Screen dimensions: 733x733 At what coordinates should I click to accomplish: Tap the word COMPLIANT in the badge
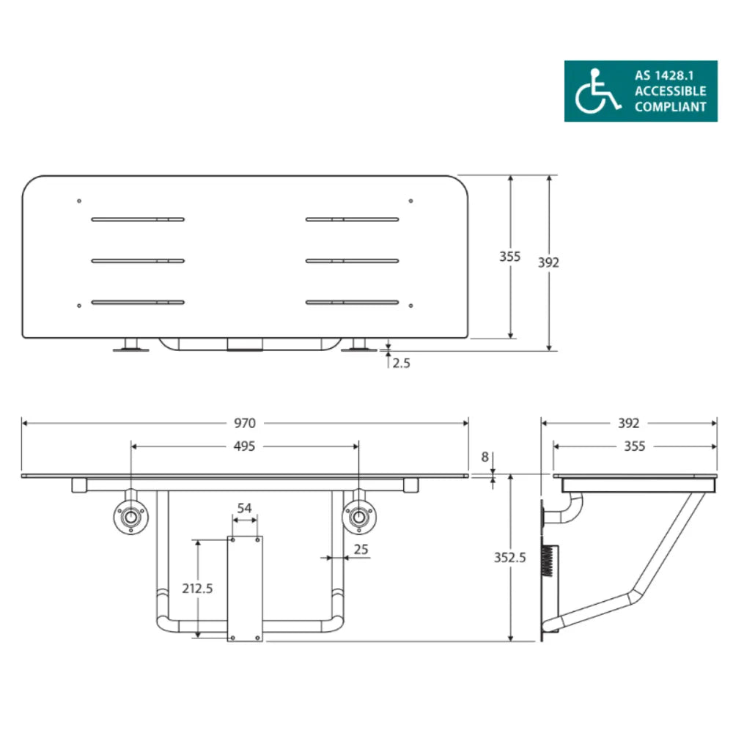tap(670, 107)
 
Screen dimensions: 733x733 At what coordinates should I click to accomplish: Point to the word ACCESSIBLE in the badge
tap(670, 91)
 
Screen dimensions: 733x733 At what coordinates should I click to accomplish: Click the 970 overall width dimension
tap(245, 423)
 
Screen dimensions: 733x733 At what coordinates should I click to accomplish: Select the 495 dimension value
tap(245, 446)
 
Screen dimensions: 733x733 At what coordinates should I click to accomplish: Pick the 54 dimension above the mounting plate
tap(245, 508)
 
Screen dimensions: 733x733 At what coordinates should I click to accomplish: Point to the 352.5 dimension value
tap(510, 557)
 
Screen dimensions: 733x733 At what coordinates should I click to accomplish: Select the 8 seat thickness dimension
tap(485, 456)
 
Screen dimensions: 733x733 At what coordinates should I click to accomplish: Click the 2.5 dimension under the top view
tap(401, 363)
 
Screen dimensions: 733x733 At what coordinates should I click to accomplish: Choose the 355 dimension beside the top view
tap(510, 257)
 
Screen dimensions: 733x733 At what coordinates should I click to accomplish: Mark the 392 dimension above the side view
tap(628, 423)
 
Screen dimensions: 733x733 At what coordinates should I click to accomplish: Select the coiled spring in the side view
tap(550, 562)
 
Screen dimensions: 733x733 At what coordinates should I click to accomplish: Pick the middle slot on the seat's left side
tap(138, 260)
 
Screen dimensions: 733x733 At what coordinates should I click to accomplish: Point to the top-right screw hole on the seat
tap(410, 201)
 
